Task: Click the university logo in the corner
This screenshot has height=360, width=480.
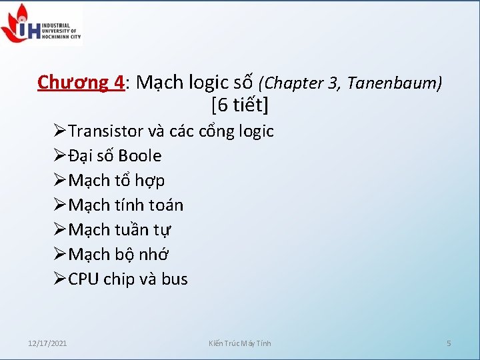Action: click(x=41, y=23)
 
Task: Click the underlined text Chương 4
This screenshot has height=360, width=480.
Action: click(x=81, y=83)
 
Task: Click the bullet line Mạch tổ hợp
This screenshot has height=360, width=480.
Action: click(x=117, y=181)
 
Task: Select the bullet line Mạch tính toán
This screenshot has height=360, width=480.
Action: click(x=125, y=205)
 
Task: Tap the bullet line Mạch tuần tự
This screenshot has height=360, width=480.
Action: click(x=119, y=230)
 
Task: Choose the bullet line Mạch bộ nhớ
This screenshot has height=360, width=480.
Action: click(x=119, y=255)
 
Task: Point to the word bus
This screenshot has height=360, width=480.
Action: click(x=175, y=279)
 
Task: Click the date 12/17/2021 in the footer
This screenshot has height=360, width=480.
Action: click(x=47, y=343)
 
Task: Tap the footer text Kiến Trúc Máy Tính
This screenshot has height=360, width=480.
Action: click(x=240, y=343)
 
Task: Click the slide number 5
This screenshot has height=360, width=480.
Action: click(x=449, y=343)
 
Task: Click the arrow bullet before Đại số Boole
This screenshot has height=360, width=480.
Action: click(x=60, y=156)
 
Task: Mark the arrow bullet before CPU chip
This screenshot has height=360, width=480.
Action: click(x=60, y=279)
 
